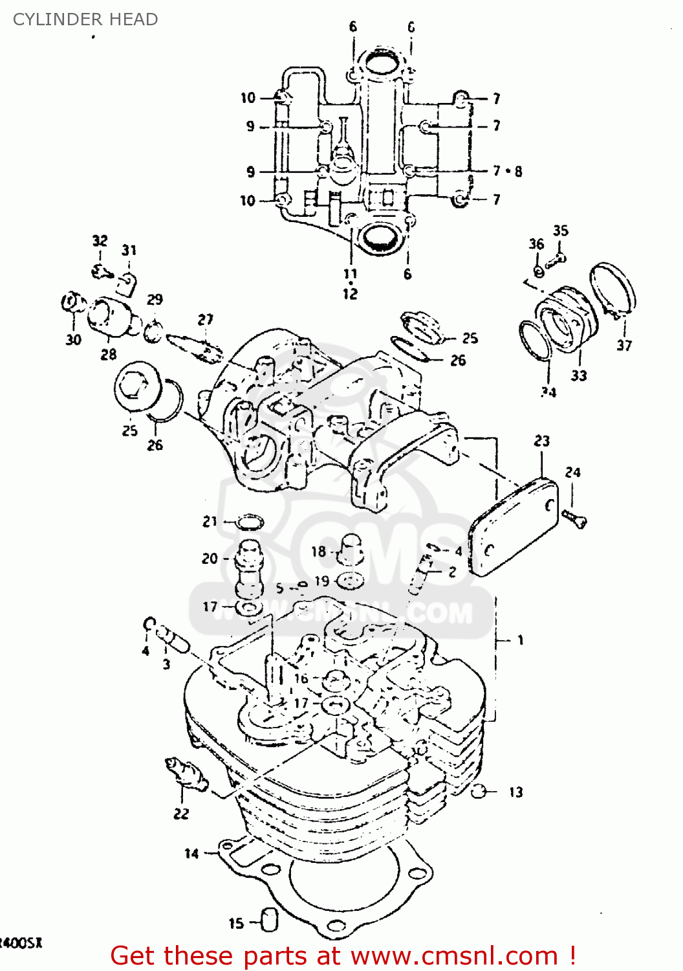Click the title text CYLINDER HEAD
85,19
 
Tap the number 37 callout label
624,345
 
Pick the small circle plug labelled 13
479,791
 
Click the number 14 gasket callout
191,853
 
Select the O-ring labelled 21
251,522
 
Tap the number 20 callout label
210,558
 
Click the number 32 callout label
100,241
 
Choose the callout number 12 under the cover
350,294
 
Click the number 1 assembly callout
520,640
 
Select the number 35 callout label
561,230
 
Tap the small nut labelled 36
538,269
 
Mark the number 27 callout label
205,320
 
